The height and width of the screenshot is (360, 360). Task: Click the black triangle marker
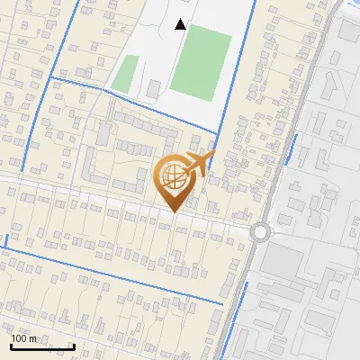click(x=181, y=24)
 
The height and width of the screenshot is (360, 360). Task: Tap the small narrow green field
click(x=128, y=72)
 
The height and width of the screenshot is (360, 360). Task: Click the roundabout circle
click(x=261, y=231)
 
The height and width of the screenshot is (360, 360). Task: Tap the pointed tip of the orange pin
click(x=174, y=212)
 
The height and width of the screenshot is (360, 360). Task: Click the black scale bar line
click(x=41, y=346)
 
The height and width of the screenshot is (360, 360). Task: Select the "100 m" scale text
click(x=24, y=338)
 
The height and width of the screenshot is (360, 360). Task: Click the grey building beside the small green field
click(x=154, y=87)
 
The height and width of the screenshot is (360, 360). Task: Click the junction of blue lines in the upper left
click(x=53, y=79)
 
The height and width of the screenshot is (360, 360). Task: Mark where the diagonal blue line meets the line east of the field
click(x=217, y=135)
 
